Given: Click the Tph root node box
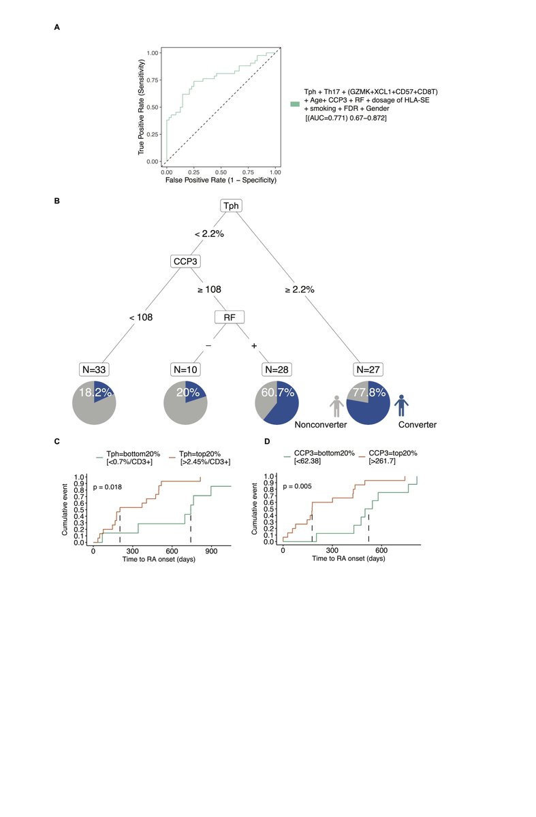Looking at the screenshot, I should click(x=230, y=206).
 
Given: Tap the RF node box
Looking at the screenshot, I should click(x=229, y=317).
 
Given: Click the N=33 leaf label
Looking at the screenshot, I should click(x=94, y=370).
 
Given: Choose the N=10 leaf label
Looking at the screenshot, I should click(x=185, y=370).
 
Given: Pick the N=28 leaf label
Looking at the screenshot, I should click(x=276, y=370).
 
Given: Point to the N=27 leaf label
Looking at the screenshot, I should click(x=368, y=370).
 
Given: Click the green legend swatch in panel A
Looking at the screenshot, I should click(x=295, y=103).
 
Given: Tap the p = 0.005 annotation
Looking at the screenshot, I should click(x=297, y=487).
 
